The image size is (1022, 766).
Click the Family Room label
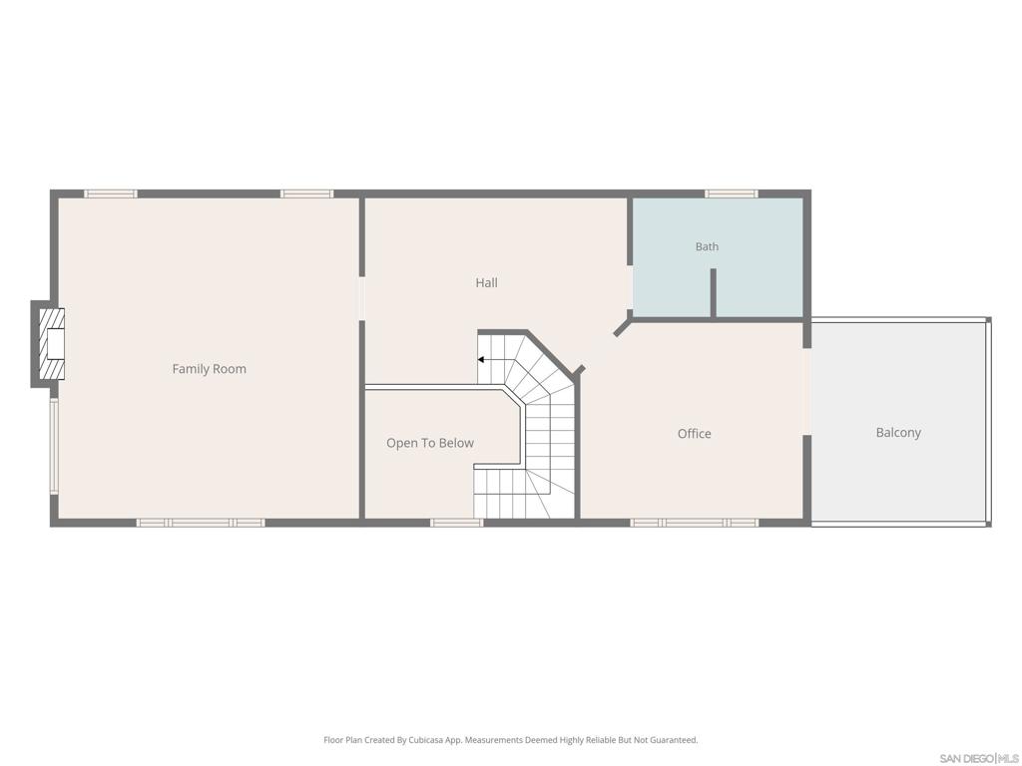pyautogui.click(x=210, y=369)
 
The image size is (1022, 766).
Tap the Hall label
pyautogui.click(x=486, y=282)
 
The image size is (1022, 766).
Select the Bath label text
pyautogui.click(x=707, y=246)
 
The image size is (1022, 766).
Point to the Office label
pyautogui.click(x=695, y=434)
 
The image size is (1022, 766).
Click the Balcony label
pyautogui.click(x=898, y=433)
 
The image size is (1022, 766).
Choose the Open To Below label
pyautogui.click(x=429, y=443)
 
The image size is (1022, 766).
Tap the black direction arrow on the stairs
pyautogui.click(x=481, y=359)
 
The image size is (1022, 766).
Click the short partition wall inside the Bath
pyautogui.click(x=713, y=294)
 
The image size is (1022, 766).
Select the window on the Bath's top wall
pyautogui.click(x=732, y=193)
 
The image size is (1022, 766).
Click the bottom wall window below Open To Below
pyautogui.click(x=456, y=523)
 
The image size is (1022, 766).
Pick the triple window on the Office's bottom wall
pyautogui.click(x=695, y=523)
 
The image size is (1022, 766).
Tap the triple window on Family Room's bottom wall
pyautogui.click(x=200, y=523)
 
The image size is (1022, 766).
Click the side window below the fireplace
pyautogui.click(x=54, y=446)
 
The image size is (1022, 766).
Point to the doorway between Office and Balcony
pyautogui.click(x=806, y=391)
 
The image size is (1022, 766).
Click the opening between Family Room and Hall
pyautogui.click(x=360, y=298)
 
